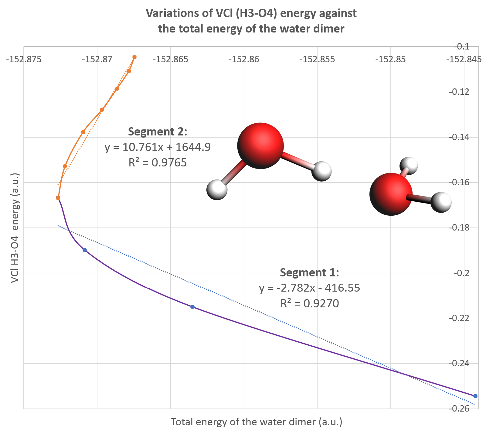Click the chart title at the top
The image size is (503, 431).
[251, 21]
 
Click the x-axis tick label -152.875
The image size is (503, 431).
[24, 59]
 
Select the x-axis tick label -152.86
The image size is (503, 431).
[244, 59]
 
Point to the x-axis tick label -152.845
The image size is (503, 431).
[464, 59]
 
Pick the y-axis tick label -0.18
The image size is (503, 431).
[459, 228]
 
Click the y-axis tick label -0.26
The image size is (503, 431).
[459, 409]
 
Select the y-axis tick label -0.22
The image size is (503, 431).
[459, 318]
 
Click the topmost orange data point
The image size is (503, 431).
[134, 57]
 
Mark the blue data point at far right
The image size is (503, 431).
[475, 396]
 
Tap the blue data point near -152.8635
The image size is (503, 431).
[192, 307]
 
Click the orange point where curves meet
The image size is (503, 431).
[58, 198]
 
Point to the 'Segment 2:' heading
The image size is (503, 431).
[158, 132]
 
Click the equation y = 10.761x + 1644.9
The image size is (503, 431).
[158, 147]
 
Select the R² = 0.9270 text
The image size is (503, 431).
[309, 303]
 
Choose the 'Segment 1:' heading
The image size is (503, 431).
[309, 272]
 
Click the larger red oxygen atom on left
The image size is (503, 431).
[260, 146]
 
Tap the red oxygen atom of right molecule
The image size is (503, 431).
[391, 194]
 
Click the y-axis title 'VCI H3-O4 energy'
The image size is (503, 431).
[15, 228]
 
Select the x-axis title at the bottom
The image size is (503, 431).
[257, 422]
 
